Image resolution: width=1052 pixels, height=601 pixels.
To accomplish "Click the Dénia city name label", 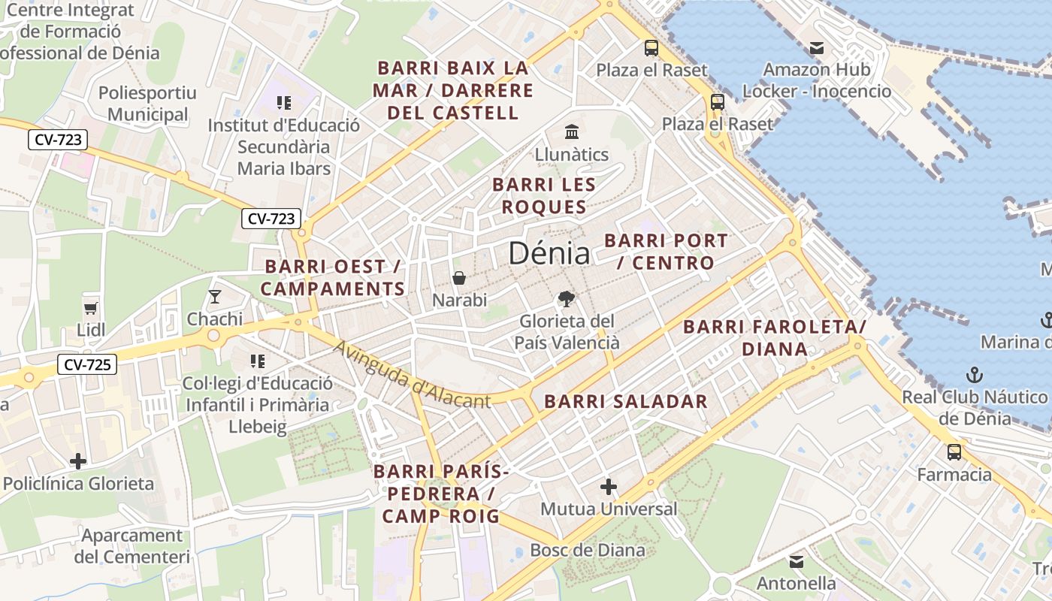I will [549, 253].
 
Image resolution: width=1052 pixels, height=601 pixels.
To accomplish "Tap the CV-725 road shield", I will [87, 365].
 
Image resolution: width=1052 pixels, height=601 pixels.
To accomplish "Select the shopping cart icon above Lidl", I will [91, 307].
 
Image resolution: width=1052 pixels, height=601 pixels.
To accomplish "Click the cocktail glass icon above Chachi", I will [215, 296].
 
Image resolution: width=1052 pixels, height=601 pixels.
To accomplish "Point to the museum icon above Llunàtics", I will [572, 131].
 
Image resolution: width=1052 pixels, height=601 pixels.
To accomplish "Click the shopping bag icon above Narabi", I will [459, 278].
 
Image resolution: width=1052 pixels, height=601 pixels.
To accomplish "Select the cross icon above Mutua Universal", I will [609, 488].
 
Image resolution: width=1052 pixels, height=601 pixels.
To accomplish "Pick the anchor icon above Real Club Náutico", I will [974, 374].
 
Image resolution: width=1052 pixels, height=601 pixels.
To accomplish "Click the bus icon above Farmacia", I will [954, 452].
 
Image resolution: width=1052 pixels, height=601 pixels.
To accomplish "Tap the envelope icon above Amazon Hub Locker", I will [816, 48].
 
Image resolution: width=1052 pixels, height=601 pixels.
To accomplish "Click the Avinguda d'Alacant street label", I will [412, 376].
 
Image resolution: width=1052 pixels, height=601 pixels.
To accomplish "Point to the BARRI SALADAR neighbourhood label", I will [626, 401].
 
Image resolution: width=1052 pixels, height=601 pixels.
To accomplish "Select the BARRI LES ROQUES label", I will [544, 195].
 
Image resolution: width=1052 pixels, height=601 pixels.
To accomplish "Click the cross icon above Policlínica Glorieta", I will [78, 461].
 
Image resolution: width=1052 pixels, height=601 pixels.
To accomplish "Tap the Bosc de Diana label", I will [588, 550].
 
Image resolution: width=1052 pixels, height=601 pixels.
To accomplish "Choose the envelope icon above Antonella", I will [796, 561].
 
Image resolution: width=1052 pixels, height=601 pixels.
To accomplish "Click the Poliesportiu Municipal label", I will [147, 104].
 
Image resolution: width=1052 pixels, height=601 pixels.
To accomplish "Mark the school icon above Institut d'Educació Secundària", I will [283, 103].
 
